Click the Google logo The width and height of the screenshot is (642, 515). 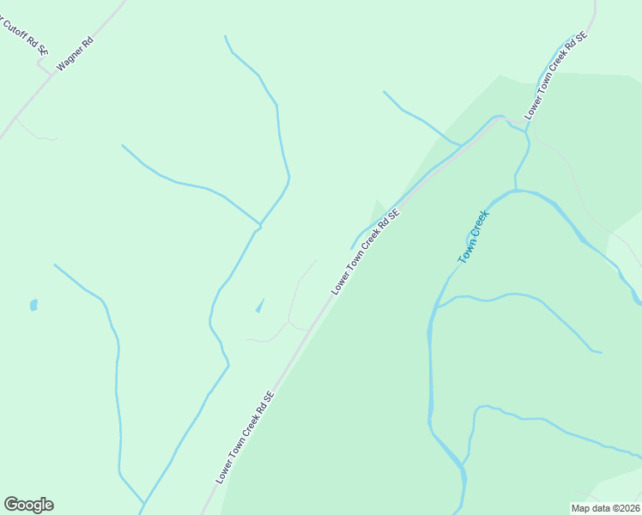[28, 505]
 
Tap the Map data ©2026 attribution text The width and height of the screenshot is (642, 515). [604, 508]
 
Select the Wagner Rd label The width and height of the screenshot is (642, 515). [75, 53]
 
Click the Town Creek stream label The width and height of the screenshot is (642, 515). [472, 236]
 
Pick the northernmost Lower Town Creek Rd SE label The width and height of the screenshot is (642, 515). [556, 74]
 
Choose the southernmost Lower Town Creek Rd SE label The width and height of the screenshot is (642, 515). [245, 437]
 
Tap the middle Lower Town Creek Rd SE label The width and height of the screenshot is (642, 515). [366, 253]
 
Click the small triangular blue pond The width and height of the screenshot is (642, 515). [259, 306]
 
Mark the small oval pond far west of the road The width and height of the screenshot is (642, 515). [33, 305]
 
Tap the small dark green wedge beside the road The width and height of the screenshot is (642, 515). [377, 209]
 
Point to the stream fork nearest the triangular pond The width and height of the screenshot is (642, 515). [259, 227]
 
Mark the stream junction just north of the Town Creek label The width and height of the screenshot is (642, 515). [515, 189]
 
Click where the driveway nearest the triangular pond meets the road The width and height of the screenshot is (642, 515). [309, 329]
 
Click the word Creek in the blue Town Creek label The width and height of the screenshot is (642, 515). [478, 225]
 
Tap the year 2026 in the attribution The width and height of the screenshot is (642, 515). [627, 508]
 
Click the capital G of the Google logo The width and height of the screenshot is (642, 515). [11, 505]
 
